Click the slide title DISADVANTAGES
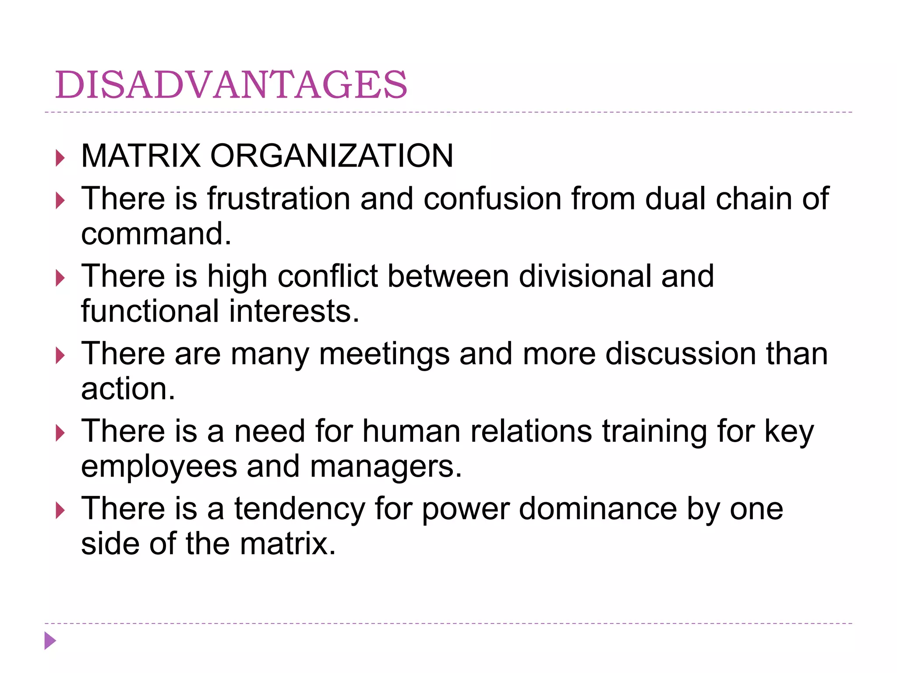(231, 85)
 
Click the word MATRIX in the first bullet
(141, 156)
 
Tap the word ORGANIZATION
(332, 156)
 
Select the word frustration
(279, 198)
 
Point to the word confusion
(492, 198)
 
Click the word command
(156, 234)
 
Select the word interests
(294, 311)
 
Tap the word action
(128, 389)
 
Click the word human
(411, 431)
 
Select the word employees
(159, 467)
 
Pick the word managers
(386, 467)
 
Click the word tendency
(300, 509)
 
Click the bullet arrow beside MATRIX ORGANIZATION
(60, 158)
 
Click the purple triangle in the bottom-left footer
(50, 641)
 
